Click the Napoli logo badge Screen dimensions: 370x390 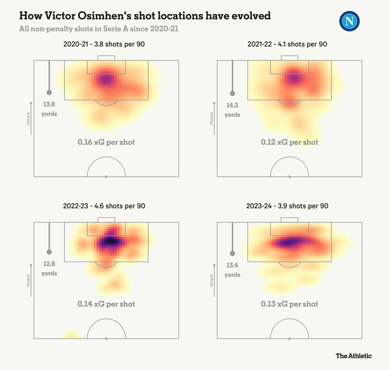350,22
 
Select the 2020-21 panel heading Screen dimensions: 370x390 106,45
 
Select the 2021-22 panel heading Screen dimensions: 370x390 288,45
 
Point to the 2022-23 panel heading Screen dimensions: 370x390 106,206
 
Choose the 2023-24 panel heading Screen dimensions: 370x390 288,206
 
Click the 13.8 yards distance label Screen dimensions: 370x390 49,109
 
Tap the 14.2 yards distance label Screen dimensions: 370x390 232,109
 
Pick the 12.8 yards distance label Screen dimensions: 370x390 49,269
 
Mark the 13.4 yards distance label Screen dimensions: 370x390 232,270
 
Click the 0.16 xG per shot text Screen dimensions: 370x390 106,142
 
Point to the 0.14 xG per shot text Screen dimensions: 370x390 106,303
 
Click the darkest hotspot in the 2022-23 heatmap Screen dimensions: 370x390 110,241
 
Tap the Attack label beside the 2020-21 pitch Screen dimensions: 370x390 28,118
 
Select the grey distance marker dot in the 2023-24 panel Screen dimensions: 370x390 232,253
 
